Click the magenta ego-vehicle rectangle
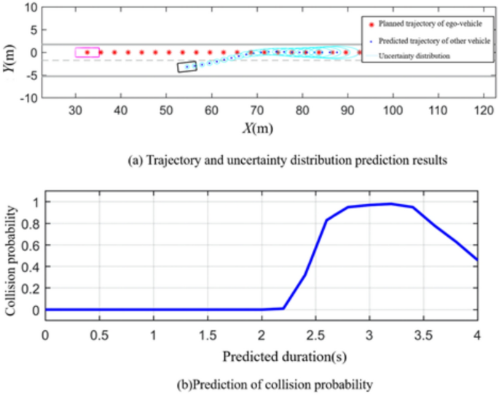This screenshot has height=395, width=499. coord(87,52)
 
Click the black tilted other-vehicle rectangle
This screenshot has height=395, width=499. coord(187,66)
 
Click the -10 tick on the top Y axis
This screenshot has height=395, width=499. coord(27,98)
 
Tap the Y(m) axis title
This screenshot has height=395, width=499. coord(9,52)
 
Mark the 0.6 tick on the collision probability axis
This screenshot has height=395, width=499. coord(31,244)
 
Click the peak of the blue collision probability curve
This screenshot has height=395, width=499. coord(391,203)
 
